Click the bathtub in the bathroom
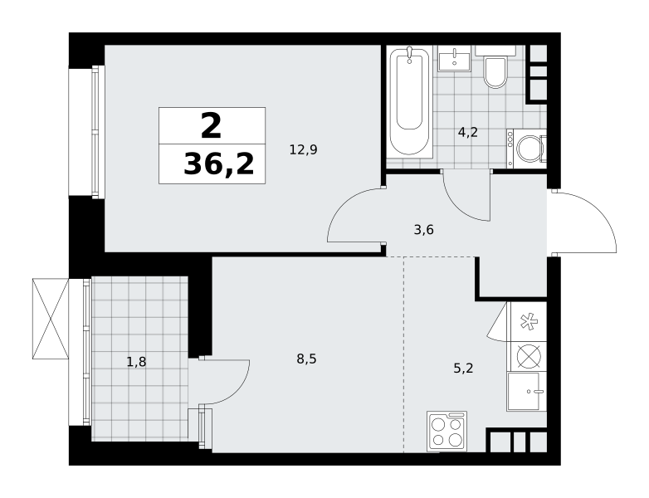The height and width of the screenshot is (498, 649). click(x=409, y=101)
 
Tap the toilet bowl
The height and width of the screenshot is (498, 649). click(x=495, y=72)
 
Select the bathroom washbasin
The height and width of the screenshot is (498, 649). click(x=455, y=59)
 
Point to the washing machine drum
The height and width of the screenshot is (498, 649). click(x=529, y=149)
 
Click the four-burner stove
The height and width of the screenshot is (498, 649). click(x=447, y=431)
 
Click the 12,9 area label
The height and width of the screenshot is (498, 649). click(x=304, y=149)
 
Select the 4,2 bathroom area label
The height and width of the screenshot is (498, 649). click(x=468, y=133)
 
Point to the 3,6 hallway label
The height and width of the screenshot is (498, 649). click(x=424, y=229)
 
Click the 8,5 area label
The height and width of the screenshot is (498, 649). click(x=307, y=359)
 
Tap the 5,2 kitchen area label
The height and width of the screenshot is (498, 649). click(x=463, y=368)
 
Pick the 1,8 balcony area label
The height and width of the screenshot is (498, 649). click(x=137, y=362)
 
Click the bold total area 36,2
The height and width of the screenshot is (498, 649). click(x=219, y=164)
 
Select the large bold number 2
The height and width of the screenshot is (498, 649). click(x=211, y=126)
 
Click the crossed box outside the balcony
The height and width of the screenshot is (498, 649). click(x=50, y=319)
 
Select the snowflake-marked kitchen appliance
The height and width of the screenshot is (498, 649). click(x=529, y=322)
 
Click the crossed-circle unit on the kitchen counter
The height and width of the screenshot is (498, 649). click(x=529, y=356)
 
